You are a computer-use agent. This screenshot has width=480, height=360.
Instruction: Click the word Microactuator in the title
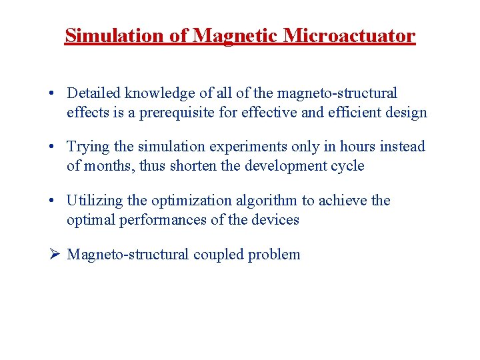(x=349, y=35)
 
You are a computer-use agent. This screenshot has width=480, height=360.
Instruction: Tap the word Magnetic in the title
(x=236, y=35)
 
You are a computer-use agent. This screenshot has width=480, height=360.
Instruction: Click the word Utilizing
(x=94, y=201)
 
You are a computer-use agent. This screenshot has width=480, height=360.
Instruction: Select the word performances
(x=162, y=220)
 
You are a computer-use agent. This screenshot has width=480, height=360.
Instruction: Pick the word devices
(x=276, y=220)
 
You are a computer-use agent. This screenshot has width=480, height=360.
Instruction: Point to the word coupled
(x=219, y=255)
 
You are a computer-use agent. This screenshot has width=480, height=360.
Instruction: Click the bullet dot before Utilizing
(x=52, y=201)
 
